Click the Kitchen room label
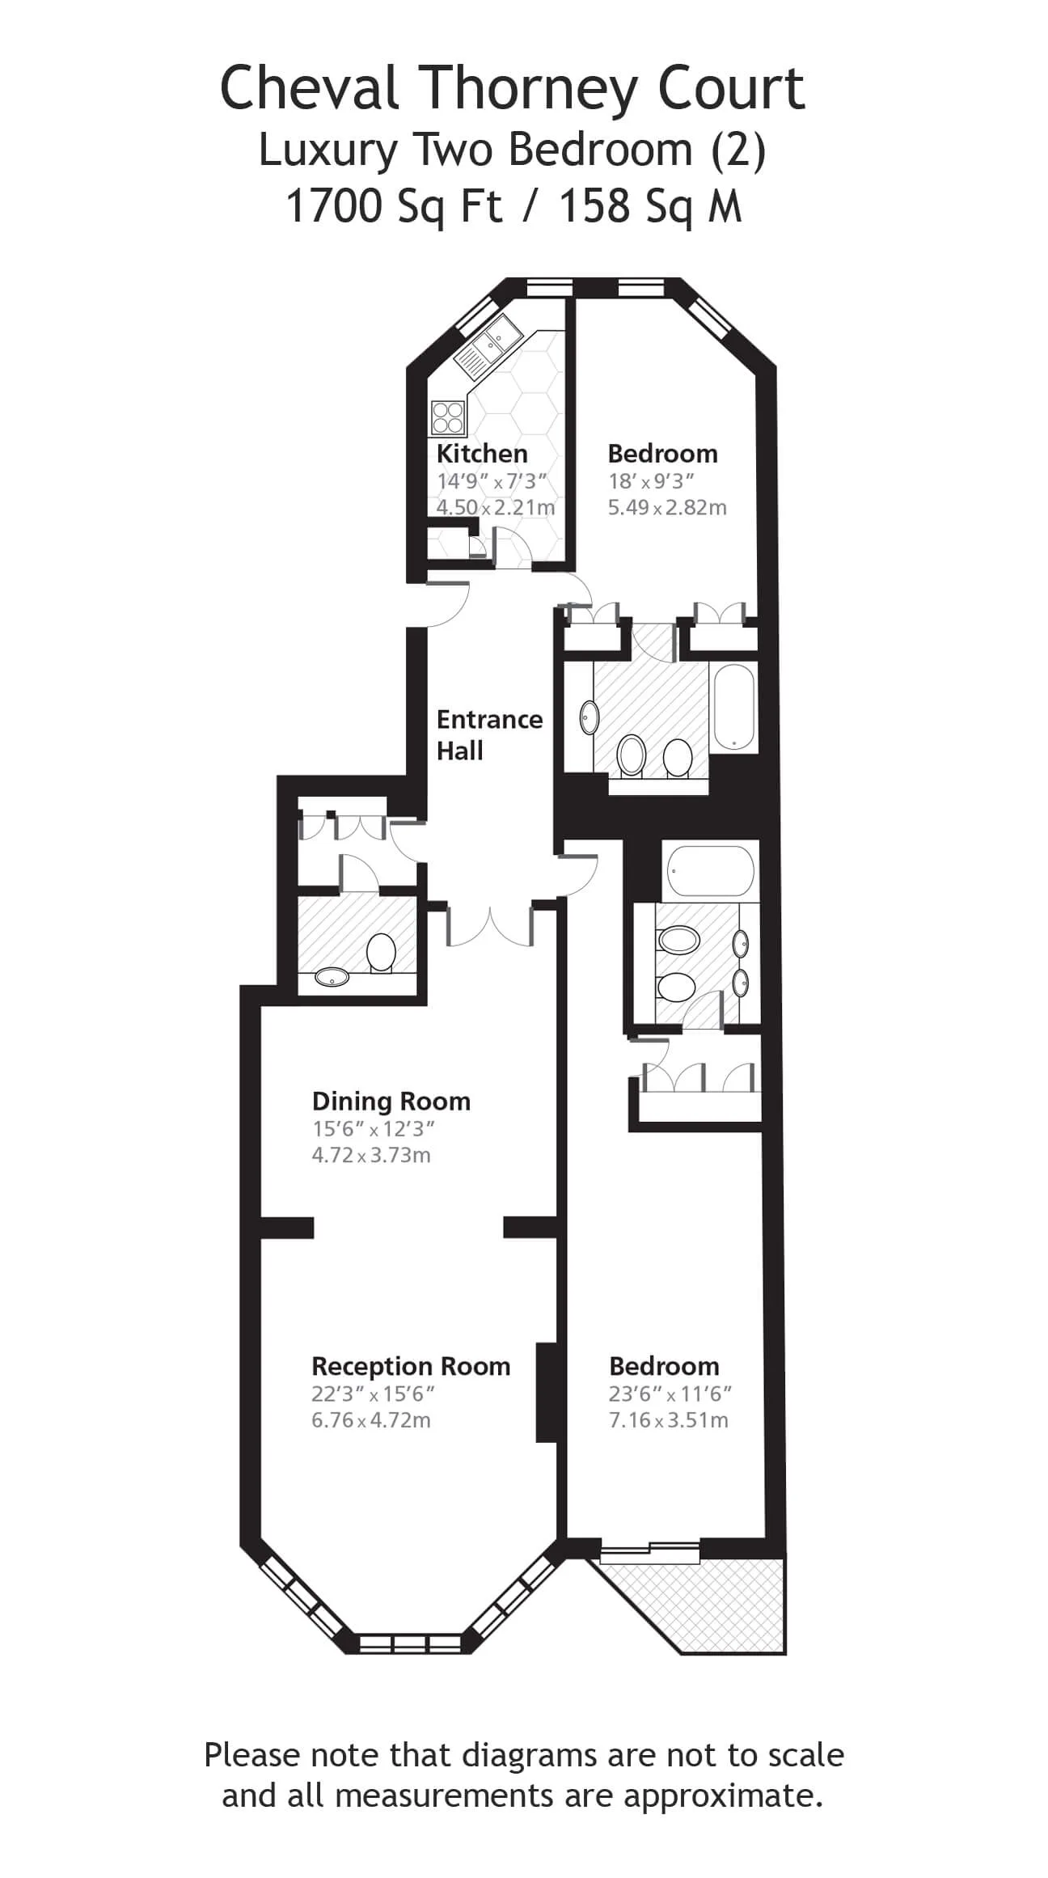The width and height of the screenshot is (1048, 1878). (x=482, y=453)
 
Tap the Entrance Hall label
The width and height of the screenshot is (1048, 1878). (x=489, y=734)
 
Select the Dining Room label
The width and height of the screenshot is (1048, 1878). (x=391, y=1102)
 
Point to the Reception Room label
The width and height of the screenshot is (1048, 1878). (x=411, y=1367)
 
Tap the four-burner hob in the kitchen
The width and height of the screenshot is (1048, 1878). (x=448, y=418)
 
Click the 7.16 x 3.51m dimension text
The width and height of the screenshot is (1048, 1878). (x=669, y=1420)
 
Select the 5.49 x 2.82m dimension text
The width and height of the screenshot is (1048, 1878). (x=667, y=507)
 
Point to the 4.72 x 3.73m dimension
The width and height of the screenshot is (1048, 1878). (x=371, y=1155)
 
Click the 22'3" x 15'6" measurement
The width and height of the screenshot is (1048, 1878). (x=374, y=1394)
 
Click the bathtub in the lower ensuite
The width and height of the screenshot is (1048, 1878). (x=712, y=871)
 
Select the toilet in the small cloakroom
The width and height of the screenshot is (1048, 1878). (x=380, y=953)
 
